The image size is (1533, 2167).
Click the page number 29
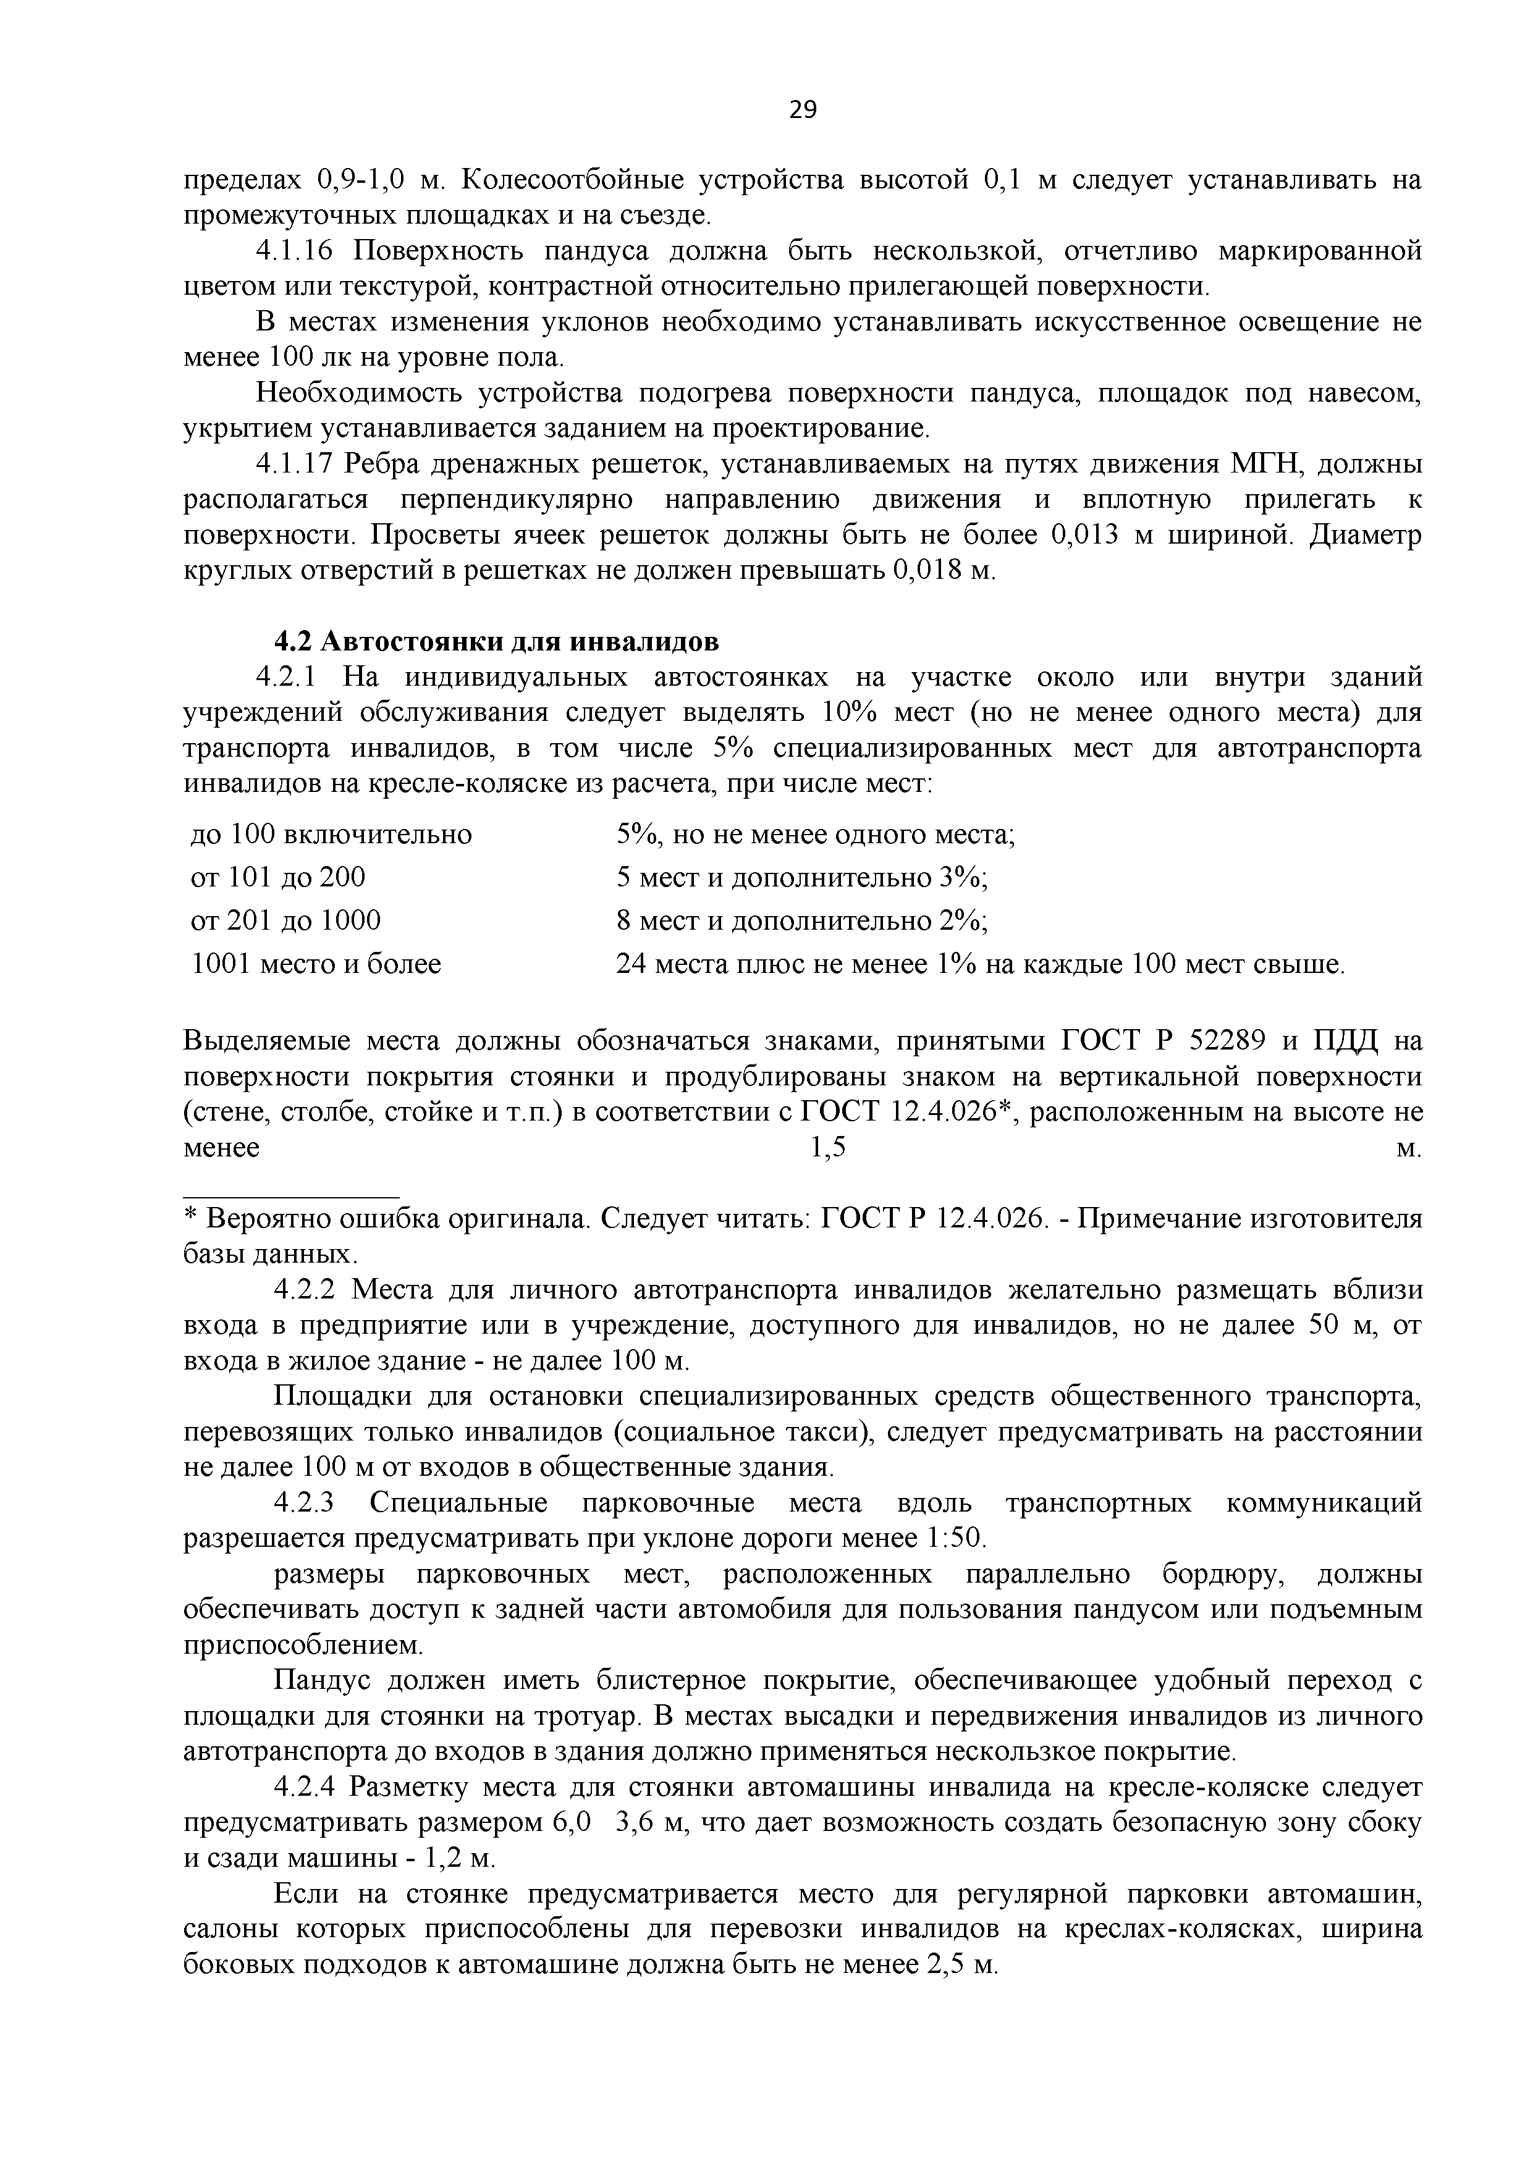(803, 111)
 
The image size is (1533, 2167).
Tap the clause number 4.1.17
(300, 465)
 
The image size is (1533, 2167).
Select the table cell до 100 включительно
(331, 835)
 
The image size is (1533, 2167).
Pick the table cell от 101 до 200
(279, 878)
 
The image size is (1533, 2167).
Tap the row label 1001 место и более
(316, 964)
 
